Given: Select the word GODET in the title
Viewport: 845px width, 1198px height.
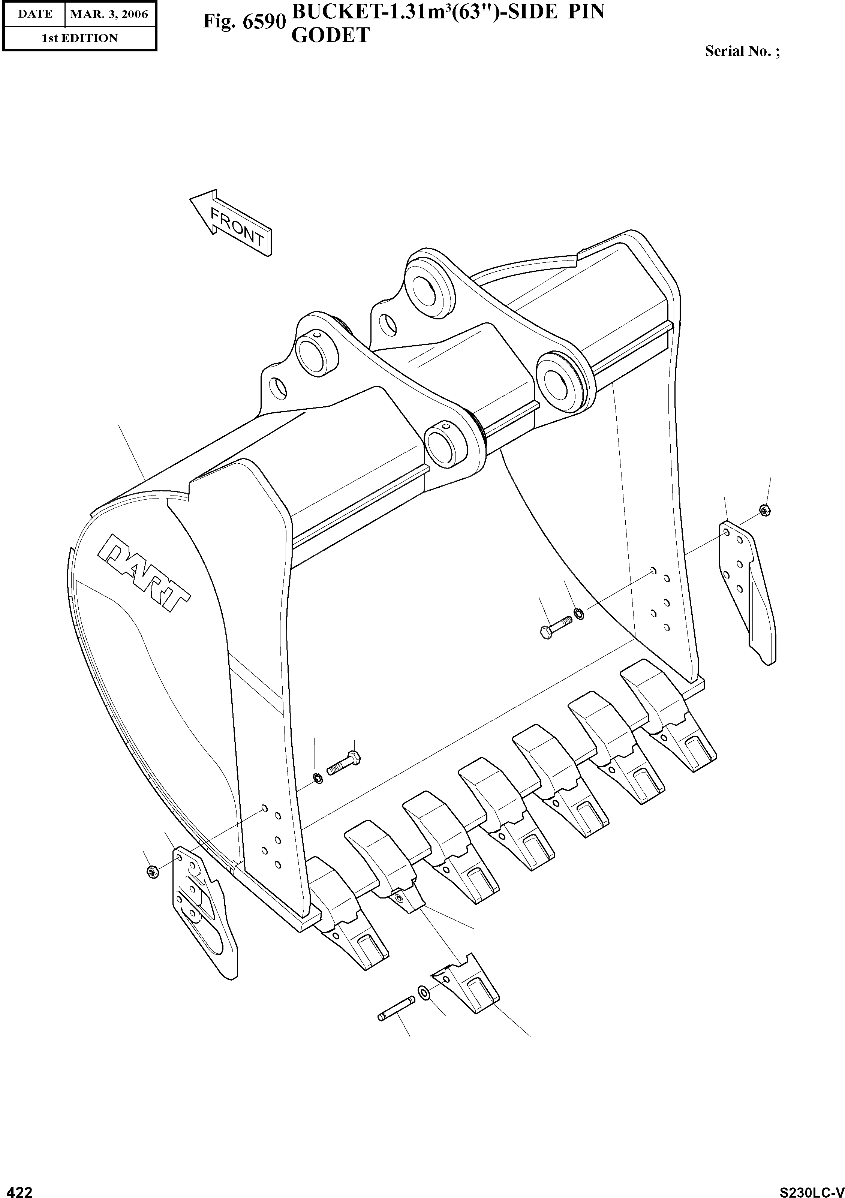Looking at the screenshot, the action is pos(330,36).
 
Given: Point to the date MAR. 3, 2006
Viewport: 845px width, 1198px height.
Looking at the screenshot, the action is pos(109,14).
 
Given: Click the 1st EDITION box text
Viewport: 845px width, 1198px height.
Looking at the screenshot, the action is pos(79,38).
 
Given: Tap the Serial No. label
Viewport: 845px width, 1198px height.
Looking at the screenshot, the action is pos(742,51).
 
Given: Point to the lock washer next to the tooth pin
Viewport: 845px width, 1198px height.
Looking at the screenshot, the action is pos(424,991).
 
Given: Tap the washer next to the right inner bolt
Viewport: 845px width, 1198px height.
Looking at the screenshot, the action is pos(578,614).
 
